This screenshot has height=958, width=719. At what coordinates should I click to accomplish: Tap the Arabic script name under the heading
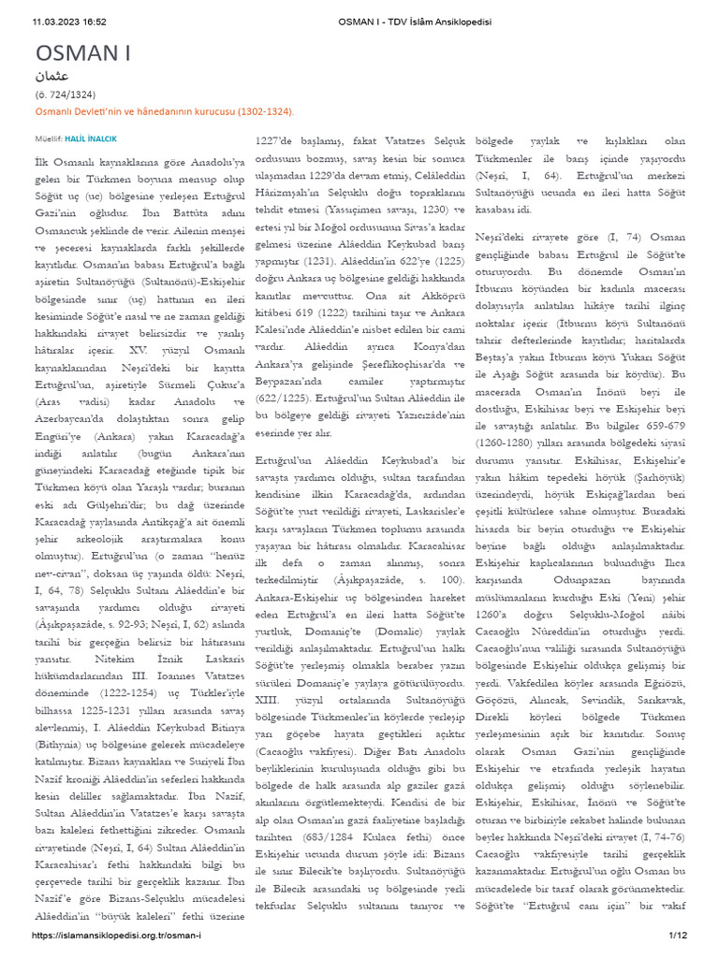51,75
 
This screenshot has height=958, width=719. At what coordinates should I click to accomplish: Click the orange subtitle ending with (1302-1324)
165,110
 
